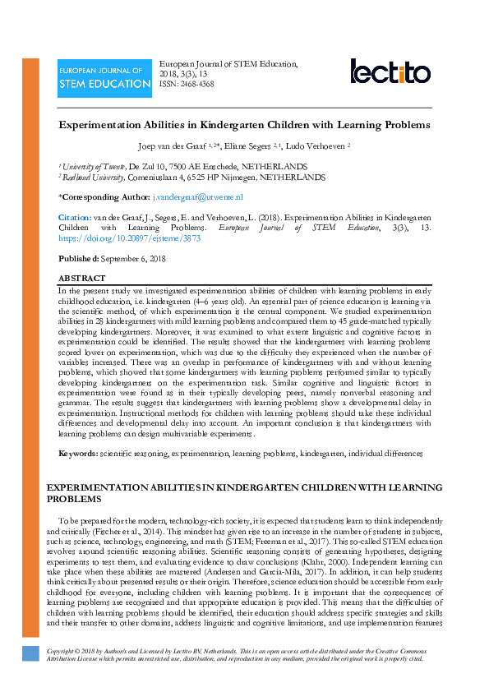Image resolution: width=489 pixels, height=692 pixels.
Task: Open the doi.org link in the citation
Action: (x=129, y=238)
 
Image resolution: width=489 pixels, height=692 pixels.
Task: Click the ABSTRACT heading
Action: (x=82, y=279)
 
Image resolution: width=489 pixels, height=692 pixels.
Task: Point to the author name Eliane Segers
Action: (x=251, y=145)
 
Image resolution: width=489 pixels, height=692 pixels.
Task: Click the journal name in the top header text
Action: (x=228, y=63)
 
